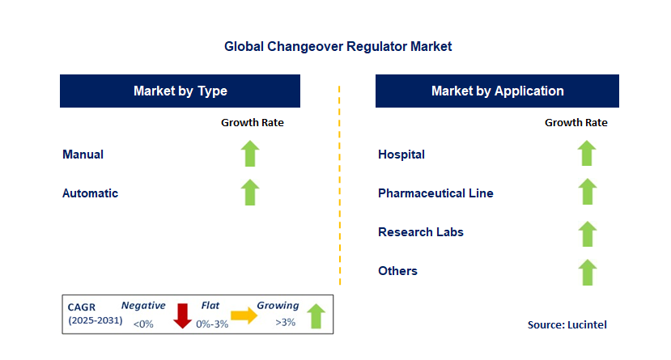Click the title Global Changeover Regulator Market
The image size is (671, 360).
click(x=338, y=47)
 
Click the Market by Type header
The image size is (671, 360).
click(x=180, y=91)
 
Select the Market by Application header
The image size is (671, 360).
click(x=497, y=91)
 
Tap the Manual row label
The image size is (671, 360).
click(x=83, y=155)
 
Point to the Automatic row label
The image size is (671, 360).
click(x=90, y=193)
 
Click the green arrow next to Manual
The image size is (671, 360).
click(x=250, y=154)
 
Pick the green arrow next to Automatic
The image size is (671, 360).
click(x=250, y=193)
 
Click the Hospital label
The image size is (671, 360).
click(x=401, y=155)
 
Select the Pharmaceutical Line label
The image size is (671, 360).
click(x=435, y=193)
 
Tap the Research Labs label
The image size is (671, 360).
click(x=421, y=232)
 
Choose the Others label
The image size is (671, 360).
click(x=397, y=271)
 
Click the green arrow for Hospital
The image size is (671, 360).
click(x=587, y=154)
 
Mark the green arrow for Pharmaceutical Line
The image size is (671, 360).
click(x=587, y=193)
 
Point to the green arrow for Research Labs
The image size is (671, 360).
click(x=587, y=234)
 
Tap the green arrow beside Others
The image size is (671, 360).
click(x=587, y=273)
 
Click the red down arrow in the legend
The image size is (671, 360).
click(x=182, y=316)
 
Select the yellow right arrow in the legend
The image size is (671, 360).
click(x=244, y=316)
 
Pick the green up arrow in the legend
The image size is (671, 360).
click(x=316, y=316)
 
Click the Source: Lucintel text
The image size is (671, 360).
click(x=567, y=324)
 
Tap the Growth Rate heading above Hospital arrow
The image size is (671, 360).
click(x=575, y=123)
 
